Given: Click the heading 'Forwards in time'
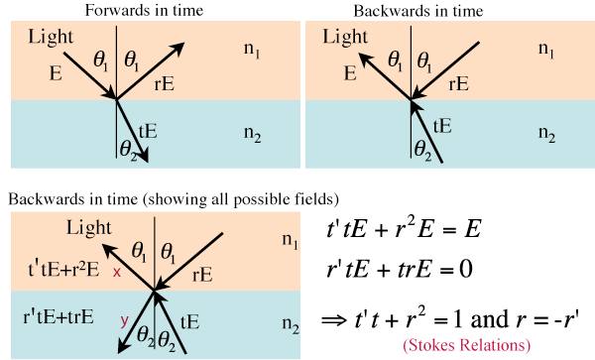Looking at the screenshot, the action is (144, 10).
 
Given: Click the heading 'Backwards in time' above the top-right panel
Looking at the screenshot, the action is (418, 11).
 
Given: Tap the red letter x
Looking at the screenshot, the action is (117, 272).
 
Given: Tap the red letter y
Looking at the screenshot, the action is (124, 321).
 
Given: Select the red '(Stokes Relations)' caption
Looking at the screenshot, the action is (466, 345).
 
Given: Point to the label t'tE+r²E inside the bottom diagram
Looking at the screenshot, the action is (63, 269).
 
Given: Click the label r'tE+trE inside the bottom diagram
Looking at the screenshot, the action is (59, 316).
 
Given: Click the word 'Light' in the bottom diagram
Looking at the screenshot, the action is (89, 228).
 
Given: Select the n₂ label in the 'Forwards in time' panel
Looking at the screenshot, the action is (252, 134).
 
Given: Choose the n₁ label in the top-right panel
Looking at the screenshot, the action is (546, 50).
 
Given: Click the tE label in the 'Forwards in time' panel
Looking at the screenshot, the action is (148, 131).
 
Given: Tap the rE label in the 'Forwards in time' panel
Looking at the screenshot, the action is (165, 84).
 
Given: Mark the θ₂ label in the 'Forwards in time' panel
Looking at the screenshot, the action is (128, 149).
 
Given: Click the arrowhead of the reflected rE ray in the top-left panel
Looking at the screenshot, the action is (178, 48).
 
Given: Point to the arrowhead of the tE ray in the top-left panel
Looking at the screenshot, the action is (143, 156).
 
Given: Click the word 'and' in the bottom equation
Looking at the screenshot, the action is (489, 318).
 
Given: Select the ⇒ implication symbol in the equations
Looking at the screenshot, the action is (334, 319).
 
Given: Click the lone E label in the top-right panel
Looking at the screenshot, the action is (350, 72).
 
